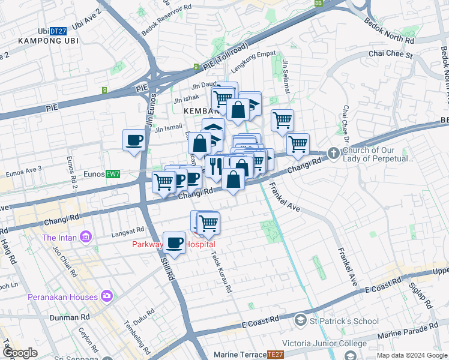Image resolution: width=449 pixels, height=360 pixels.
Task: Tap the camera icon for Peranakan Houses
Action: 107,296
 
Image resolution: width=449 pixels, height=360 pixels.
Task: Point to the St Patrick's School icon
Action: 300,320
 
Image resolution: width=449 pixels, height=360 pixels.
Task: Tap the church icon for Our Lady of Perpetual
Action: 333,154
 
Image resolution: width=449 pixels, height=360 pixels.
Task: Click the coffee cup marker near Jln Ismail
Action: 134,140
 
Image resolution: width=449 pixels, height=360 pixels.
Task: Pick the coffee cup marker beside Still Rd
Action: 175,242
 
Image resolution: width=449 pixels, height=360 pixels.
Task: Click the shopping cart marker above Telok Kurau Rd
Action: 208,223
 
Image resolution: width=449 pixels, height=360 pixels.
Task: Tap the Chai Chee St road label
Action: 391,55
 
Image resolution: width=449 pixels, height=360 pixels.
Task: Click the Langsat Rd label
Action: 127,230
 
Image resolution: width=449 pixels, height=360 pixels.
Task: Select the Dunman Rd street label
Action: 70,317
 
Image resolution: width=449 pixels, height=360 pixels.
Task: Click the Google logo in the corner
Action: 20,353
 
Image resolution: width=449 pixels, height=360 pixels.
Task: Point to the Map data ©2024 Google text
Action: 411,355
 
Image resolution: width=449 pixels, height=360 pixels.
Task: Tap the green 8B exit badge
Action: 318,3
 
